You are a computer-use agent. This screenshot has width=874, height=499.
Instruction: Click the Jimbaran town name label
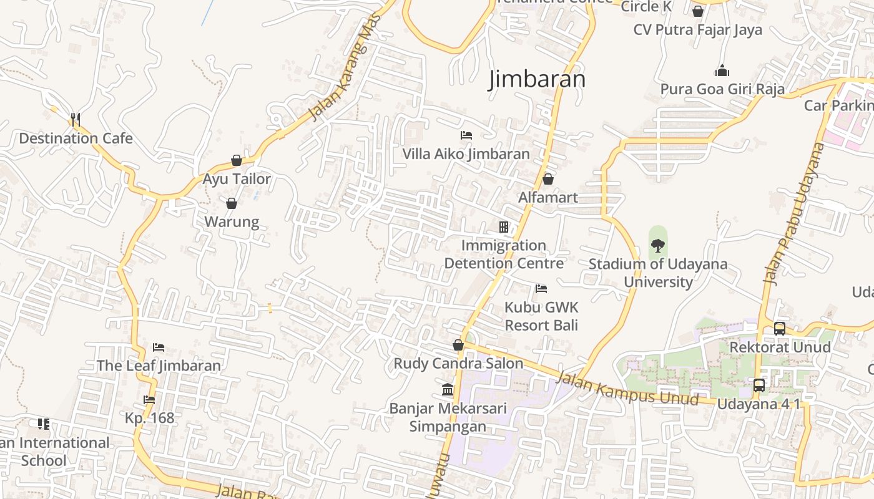point(537,79)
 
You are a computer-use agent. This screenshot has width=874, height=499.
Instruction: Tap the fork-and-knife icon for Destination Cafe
point(75,119)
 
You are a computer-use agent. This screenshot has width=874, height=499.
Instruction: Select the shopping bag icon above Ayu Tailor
point(237,160)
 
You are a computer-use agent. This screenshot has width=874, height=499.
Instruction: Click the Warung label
point(232,222)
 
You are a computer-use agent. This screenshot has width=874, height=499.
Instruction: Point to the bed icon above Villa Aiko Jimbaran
point(466,135)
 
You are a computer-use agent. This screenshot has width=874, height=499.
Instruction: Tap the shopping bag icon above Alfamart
point(548,179)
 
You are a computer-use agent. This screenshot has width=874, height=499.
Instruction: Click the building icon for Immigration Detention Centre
point(504,227)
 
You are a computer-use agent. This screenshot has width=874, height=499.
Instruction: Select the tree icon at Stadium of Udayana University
point(658,245)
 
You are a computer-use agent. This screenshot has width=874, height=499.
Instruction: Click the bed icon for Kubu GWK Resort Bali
point(541,289)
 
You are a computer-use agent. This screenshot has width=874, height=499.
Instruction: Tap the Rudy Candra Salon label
point(458,363)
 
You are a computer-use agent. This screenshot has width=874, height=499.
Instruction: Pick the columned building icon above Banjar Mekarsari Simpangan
point(448,390)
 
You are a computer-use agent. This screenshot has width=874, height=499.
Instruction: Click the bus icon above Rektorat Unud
point(780,328)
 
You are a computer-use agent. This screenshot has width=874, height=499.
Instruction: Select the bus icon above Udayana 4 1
point(759,385)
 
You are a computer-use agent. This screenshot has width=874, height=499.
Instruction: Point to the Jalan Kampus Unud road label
point(626,387)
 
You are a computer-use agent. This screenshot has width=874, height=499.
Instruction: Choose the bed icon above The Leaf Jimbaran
point(159,347)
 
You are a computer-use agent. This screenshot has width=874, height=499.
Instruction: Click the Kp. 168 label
point(150,418)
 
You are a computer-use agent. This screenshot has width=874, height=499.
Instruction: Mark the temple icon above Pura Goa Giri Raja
point(722,70)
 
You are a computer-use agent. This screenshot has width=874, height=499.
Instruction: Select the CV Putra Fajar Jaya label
point(697,30)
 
